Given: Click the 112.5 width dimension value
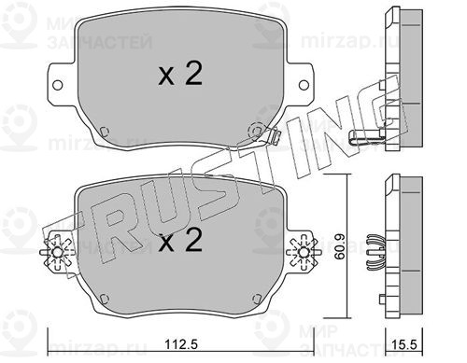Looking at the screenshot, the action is click(181, 344).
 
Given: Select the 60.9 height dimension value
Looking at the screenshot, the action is click(339, 247).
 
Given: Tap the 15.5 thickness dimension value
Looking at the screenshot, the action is click(404, 344).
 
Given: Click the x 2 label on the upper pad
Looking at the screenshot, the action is click(180, 74).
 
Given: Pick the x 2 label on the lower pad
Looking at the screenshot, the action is click(180, 240).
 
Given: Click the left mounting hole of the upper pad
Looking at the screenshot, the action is click(57, 85).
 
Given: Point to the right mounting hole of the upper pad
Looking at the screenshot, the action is click(304, 85).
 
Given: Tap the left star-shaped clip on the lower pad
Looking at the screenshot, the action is click(57, 252).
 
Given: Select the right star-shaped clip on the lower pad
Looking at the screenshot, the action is click(303, 252).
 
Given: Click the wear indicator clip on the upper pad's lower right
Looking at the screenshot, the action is click(274, 136).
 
